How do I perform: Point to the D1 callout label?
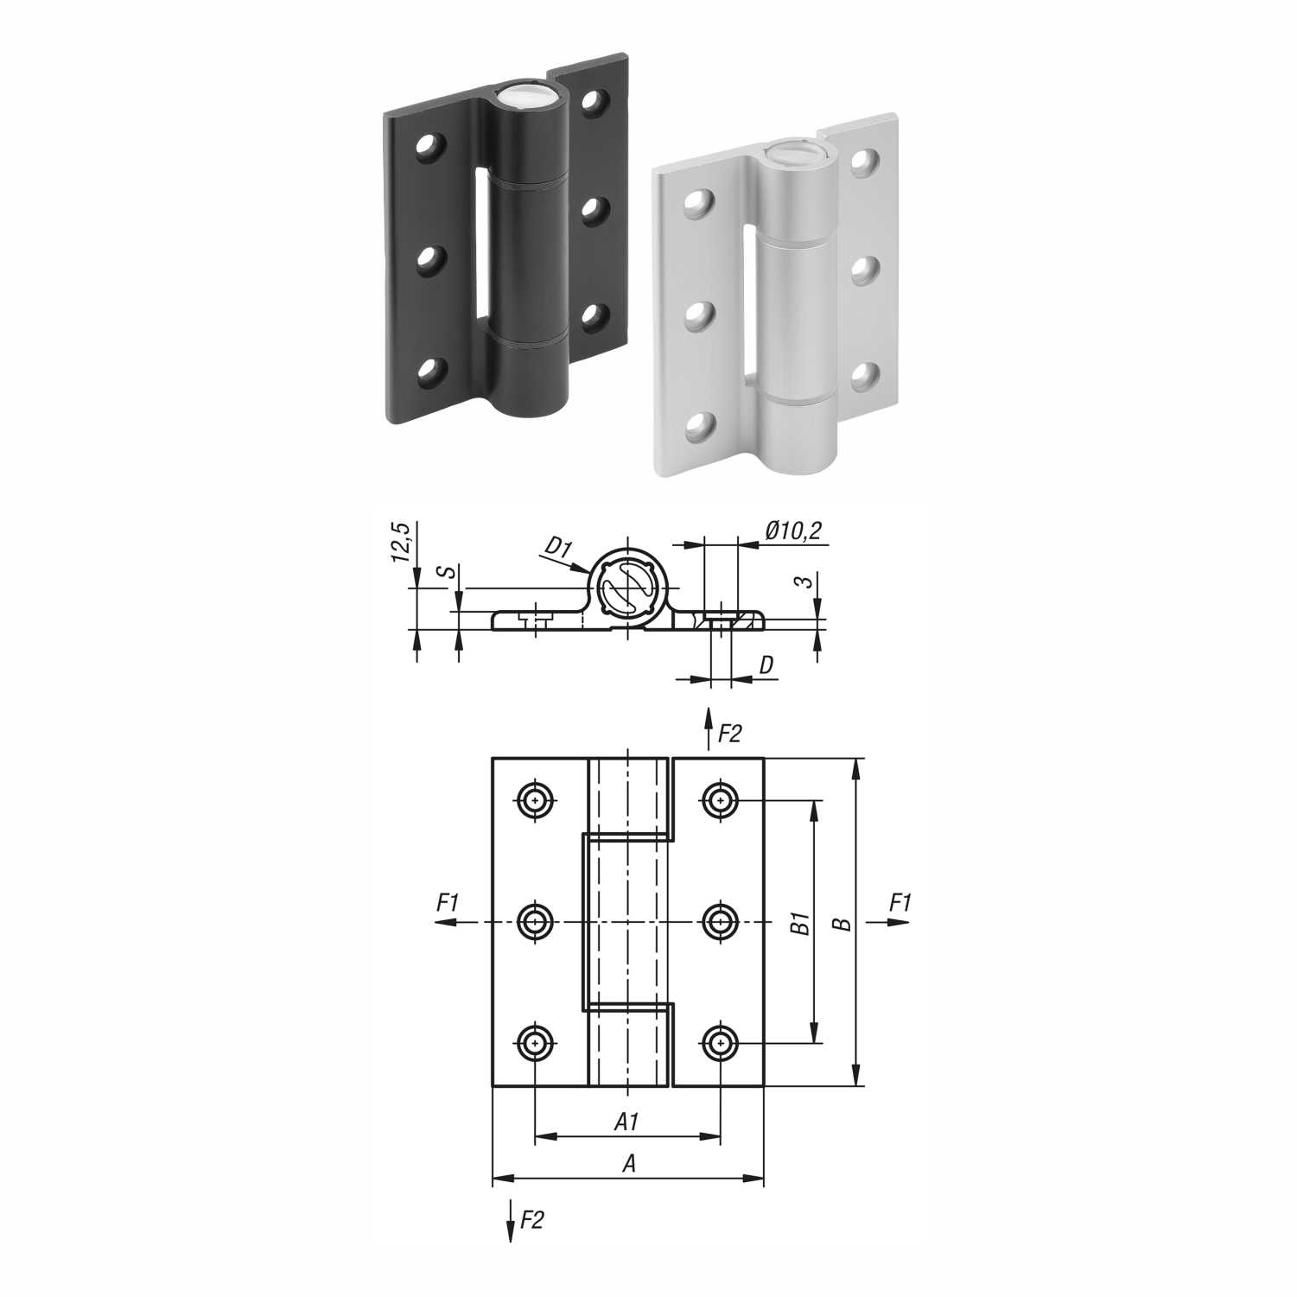pos(558,546)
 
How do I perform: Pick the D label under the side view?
pos(766,665)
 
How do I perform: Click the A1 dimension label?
pos(626,1122)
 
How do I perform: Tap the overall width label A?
pos(629,1164)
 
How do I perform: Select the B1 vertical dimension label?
pos(799,922)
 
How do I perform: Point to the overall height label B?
pos(845,924)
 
